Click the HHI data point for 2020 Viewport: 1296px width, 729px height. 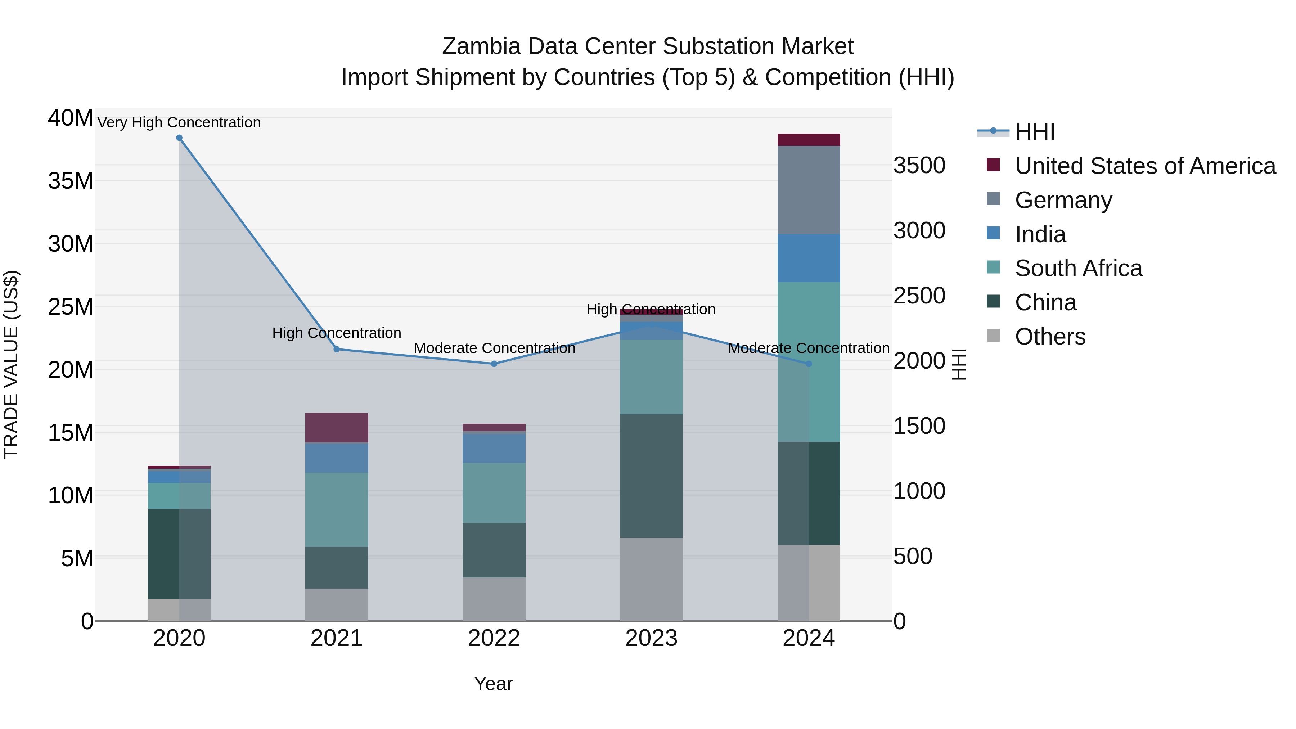[x=179, y=138]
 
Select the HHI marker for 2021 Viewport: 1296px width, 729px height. [x=337, y=349]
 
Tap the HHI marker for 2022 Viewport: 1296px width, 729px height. [x=494, y=364]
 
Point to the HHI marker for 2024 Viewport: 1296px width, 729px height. [x=809, y=364]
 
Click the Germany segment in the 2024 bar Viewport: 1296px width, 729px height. [x=809, y=190]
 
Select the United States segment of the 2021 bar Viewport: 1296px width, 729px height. [x=337, y=428]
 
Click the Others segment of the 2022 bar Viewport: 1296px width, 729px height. [x=494, y=599]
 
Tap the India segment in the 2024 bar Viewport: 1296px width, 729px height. [x=809, y=258]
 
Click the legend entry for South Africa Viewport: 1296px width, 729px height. [x=1078, y=268]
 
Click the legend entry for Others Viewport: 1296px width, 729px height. [x=1050, y=337]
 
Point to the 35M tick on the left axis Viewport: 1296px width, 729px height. [x=71, y=181]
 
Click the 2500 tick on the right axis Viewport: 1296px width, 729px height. [x=919, y=296]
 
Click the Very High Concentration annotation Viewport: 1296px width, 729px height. [x=179, y=122]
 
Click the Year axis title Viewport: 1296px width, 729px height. [x=493, y=684]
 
